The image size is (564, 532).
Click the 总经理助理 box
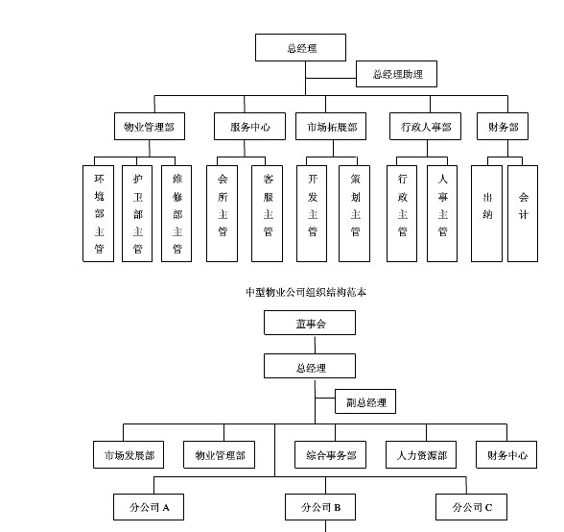point(396,74)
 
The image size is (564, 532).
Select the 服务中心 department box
point(249,127)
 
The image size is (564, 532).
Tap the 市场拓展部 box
point(331,127)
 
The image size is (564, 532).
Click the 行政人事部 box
point(425,127)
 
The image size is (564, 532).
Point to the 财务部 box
point(503,127)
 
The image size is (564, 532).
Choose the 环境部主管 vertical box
point(98,213)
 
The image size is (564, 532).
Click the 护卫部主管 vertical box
point(137,213)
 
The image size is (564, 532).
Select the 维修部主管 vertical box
point(176,213)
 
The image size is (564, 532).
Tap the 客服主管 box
point(268,213)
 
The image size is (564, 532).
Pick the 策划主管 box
point(354,213)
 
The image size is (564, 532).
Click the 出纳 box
point(486,213)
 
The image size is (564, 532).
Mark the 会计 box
point(523,213)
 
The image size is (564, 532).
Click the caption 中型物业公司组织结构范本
point(306,292)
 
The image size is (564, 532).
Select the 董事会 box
point(310,324)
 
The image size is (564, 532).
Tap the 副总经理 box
point(365,402)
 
